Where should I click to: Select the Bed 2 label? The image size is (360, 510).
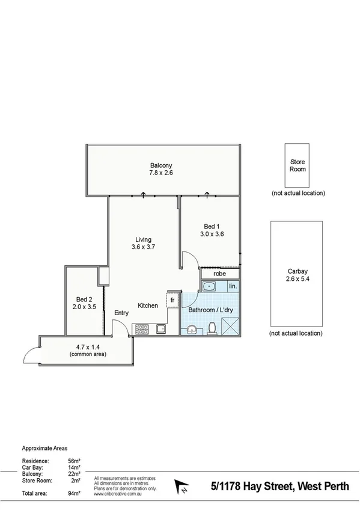(84, 299)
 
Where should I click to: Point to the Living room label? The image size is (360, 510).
(143, 240)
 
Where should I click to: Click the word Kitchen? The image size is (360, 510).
(148, 306)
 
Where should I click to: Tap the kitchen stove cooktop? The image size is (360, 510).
(142, 329)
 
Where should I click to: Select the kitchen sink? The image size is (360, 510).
(160, 329)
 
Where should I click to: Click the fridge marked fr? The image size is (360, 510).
(172, 300)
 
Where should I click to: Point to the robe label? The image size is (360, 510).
(221, 273)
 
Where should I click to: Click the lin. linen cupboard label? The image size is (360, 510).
(233, 286)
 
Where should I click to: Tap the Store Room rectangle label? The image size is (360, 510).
(298, 165)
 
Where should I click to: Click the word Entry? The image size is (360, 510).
(121, 313)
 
